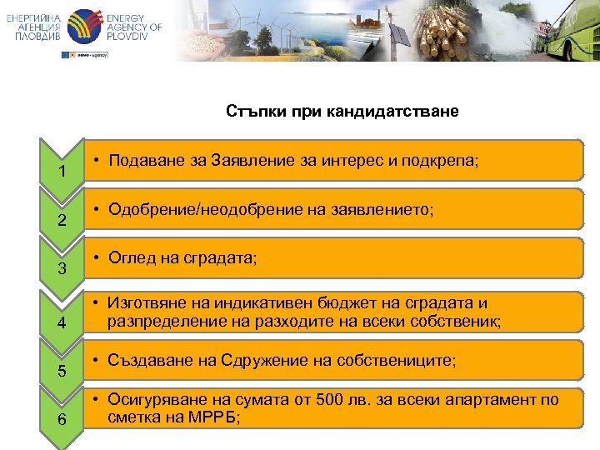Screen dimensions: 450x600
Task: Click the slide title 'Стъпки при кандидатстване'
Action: (342, 111)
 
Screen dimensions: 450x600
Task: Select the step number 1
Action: (62, 172)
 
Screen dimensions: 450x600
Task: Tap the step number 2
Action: (62, 221)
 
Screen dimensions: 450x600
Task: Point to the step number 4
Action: (62, 322)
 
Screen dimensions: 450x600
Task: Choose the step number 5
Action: (62, 372)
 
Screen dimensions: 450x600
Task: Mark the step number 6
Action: (62, 418)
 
